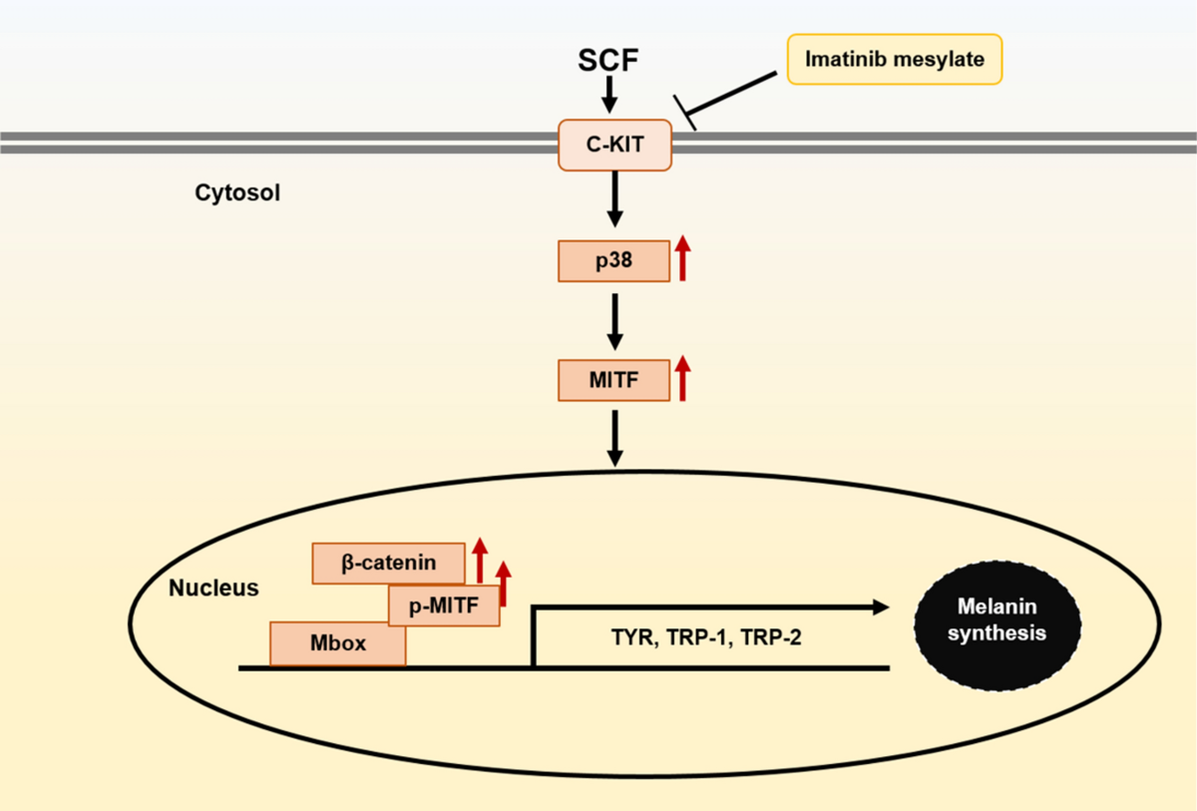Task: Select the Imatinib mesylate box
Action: pyautogui.click(x=894, y=60)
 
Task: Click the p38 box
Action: pyautogui.click(x=613, y=261)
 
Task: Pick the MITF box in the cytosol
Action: pyautogui.click(x=613, y=380)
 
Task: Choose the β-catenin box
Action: pyautogui.click(x=388, y=563)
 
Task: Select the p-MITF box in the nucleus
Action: pyautogui.click(x=444, y=605)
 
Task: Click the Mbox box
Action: pyautogui.click(x=337, y=644)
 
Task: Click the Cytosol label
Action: pyautogui.click(x=237, y=193)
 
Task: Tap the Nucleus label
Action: pyautogui.click(x=213, y=588)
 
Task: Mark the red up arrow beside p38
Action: pyautogui.click(x=682, y=259)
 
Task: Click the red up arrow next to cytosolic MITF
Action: pyautogui.click(x=682, y=379)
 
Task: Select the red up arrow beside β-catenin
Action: pyautogui.click(x=480, y=560)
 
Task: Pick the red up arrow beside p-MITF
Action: pyautogui.click(x=504, y=584)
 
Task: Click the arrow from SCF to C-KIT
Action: pyautogui.click(x=610, y=96)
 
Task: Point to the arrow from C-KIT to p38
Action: pyautogui.click(x=615, y=200)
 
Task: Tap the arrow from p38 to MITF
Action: pyautogui.click(x=615, y=320)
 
